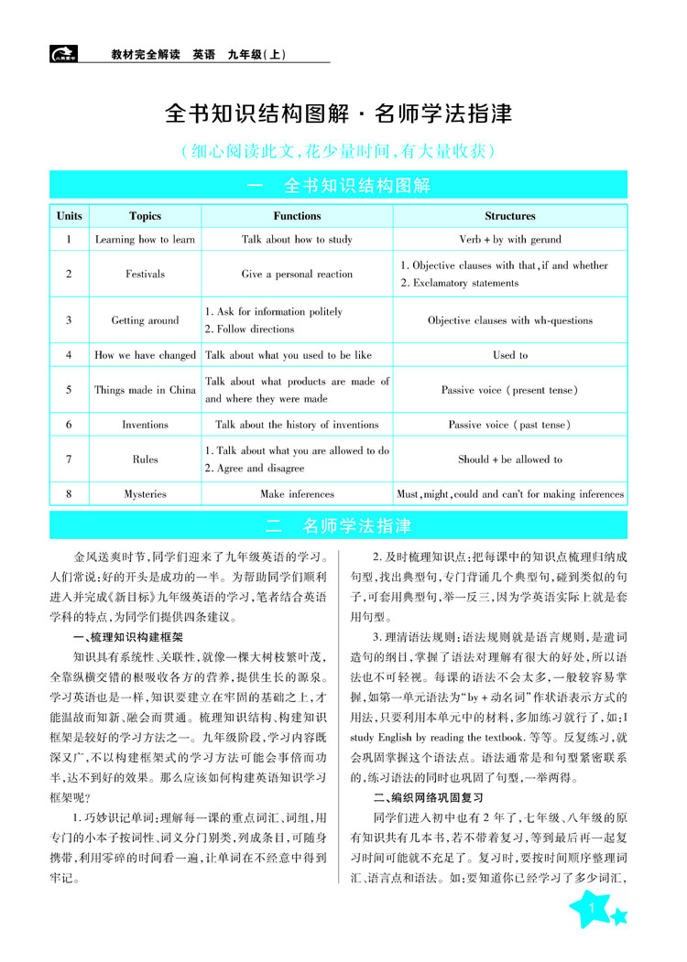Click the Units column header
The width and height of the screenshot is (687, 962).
[69, 216]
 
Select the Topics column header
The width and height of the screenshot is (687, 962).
[145, 216]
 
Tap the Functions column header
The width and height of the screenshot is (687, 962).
[297, 216]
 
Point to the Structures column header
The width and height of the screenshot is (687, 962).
[510, 216]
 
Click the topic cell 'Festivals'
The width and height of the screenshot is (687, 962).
[145, 274]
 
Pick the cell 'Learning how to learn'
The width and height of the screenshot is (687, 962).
[145, 240]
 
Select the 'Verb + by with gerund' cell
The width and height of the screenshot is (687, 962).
[510, 240]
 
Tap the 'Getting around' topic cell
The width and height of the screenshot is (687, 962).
[145, 320]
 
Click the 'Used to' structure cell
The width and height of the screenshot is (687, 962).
[510, 355]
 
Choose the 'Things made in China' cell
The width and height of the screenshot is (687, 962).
[145, 390]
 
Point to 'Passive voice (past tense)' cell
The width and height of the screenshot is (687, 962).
[510, 425]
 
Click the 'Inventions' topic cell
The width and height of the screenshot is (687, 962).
[145, 425]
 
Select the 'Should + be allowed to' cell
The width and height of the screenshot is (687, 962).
[510, 459]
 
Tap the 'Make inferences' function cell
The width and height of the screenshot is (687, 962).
[297, 494]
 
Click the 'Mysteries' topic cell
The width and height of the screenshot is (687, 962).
[145, 494]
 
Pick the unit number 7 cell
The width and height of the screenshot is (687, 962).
[69, 459]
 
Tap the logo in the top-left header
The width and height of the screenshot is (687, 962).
[63, 54]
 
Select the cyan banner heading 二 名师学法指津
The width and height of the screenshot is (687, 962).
[338, 526]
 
